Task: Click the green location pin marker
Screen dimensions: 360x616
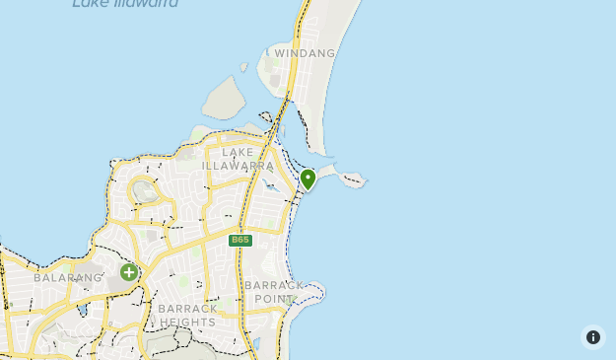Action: (x=308, y=179)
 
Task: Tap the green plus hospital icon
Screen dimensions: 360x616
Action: (x=129, y=272)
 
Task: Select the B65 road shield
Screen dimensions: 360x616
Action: (x=240, y=240)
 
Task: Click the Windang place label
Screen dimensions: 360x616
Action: (x=305, y=53)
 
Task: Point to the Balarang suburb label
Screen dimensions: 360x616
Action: (x=68, y=278)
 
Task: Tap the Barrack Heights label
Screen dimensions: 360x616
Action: (x=186, y=316)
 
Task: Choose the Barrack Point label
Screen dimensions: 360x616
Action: (x=275, y=292)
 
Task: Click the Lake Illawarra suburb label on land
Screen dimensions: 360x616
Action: (x=238, y=159)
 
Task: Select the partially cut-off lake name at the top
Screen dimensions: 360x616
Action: (x=125, y=5)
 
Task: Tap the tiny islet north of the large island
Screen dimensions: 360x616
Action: (x=242, y=67)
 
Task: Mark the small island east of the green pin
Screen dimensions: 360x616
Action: (x=352, y=180)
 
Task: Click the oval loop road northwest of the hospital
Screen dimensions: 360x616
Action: (x=144, y=191)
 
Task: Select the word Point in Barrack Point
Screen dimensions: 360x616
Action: (x=276, y=299)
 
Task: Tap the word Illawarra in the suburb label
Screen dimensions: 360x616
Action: (x=238, y=166)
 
